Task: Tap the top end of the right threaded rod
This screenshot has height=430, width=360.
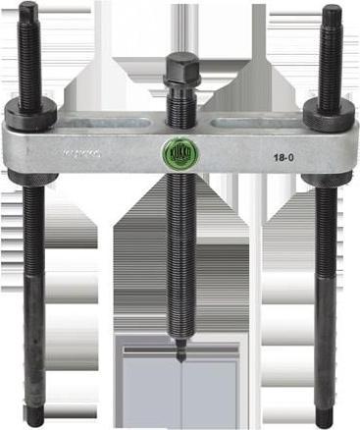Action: point(332,12)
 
